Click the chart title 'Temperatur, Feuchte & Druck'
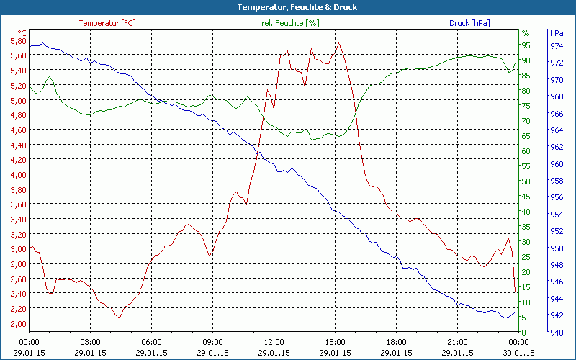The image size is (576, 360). pyautogui.click(x=287, y=7)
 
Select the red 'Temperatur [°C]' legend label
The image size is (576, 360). pyautogui.click(x=107, y=23)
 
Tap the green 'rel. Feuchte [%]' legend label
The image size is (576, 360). pyautogui.click(x=290, y=23)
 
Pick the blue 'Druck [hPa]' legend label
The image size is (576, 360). pyautogui.click(x=469, y=23)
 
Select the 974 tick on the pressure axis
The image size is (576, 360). pyautogui.click(x=557, y=46)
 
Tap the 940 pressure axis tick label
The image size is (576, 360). pyautogui.click(x=557, y=332)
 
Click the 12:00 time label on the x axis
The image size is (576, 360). pyautogui.click(x=274, y=342)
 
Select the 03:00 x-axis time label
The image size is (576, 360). pyautogui.click(x=90, y=342)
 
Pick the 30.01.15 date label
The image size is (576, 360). pyautogui.click(x=518, y=352)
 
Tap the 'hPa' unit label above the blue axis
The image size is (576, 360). pyautogui.click(x=556, y=33)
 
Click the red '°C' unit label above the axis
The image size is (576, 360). pyautogui.click(x=22, y=33)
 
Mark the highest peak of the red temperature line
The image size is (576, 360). pyautogui.click(x=338, y=42)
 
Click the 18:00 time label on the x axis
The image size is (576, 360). pyautogui.click(x=396, y=342)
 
